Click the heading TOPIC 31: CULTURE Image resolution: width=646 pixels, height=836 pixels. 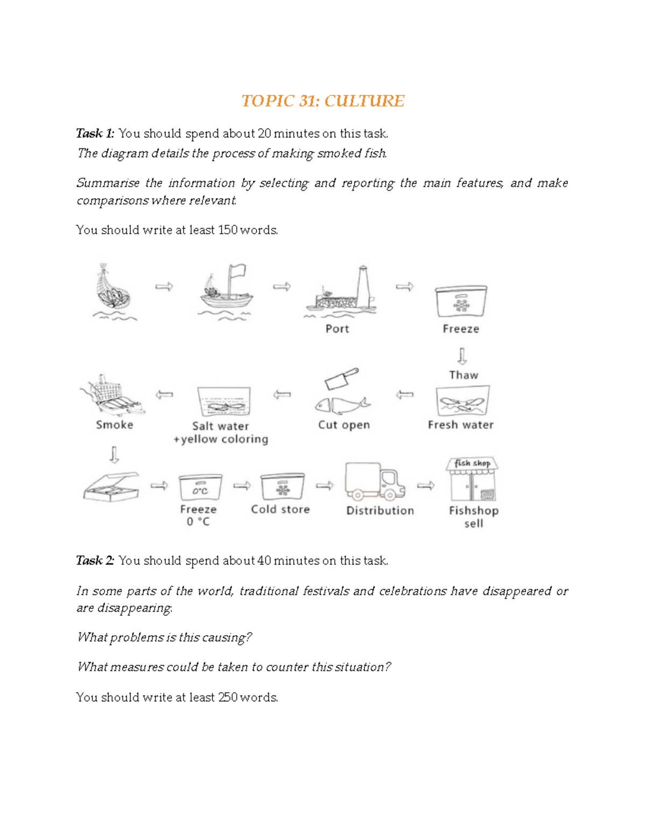click(x=322, y=101)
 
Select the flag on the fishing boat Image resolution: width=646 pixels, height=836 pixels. click(x=237, y=271)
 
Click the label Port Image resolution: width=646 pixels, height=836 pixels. click(x=337, y=328)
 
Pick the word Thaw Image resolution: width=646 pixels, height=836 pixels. click(x=464, y=375)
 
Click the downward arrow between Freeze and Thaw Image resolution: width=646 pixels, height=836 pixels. click(x=462, y=356)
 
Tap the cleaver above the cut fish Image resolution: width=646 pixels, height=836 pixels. click(x=341, y=378)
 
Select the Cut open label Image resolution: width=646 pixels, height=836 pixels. click(x=344, y=425)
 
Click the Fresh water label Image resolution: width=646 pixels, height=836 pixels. click(x=461, y=425)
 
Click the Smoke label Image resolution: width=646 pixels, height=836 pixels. click(x=114, y=425)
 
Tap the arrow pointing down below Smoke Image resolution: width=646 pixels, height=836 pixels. click(x=114, y=454)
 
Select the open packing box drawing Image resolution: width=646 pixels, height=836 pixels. click(x=111, y=487)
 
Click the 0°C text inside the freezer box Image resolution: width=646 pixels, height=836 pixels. click(x=200, y=490)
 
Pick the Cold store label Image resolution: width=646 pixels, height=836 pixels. click(x=280, y=509)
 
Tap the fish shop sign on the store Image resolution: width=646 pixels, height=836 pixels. click(x=472, y=463)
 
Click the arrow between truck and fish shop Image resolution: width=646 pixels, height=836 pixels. click(x=426, y=486)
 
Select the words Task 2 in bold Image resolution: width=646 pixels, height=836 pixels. click(x=95, y=560)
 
